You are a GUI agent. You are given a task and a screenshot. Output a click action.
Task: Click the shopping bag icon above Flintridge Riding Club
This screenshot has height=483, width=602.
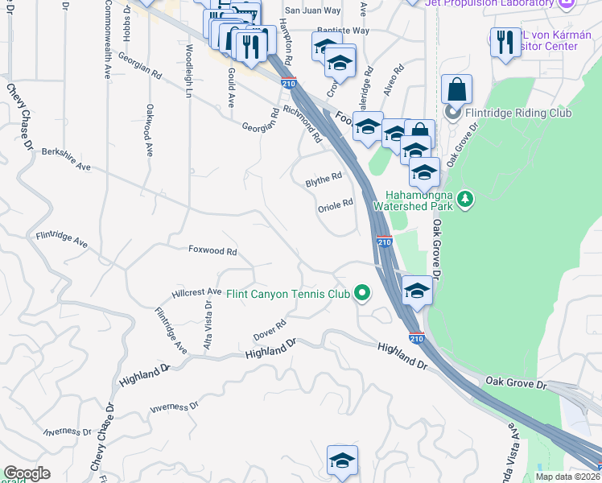tap(456, 89)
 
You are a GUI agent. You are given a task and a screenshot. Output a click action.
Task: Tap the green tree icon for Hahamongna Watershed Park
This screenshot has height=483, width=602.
tap(464, 198)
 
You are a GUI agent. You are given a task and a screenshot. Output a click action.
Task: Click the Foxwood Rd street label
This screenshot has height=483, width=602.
tap(212, 252)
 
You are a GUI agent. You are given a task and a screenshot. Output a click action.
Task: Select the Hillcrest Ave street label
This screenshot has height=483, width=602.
tap(196, 292)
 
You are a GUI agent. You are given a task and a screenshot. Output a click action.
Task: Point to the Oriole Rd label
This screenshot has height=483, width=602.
tap(335, 204)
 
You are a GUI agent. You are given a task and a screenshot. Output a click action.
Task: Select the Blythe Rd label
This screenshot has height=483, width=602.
tap(324, 180)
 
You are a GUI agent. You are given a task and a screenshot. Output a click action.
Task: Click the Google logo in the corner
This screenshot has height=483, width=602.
tap(27, 473)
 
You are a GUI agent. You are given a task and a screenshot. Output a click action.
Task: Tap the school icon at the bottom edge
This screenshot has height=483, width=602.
tap(342, 461)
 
